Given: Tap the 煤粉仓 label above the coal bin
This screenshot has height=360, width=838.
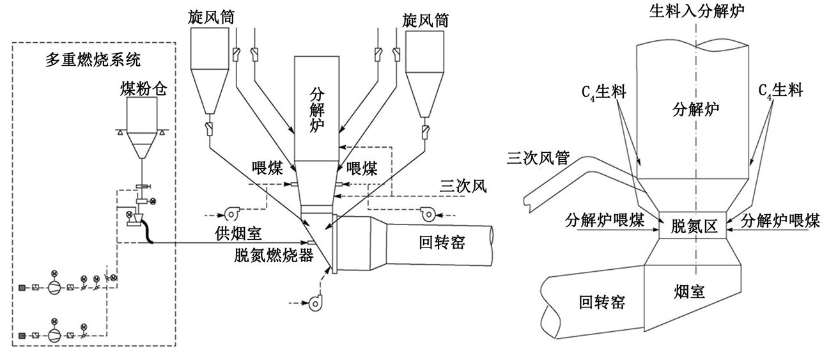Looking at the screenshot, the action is (x=144, y=89).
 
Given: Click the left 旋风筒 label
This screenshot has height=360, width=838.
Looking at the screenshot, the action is (x=211, y=17).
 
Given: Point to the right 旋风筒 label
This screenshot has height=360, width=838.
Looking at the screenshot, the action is (x=425, y=20).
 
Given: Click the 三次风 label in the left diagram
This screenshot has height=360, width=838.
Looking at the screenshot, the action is (x=463, y=186).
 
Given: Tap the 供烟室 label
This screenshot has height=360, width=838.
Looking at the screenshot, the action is (x=238, y=233).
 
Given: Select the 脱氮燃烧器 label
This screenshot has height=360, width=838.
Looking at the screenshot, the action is (x=274, y=256).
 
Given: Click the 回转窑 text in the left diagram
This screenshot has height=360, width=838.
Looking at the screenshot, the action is (x=442, y=242).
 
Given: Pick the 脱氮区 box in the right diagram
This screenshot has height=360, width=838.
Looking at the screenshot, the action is (x=692, y=225).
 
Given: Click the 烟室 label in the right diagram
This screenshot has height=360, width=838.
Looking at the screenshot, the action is (x=690, y=292).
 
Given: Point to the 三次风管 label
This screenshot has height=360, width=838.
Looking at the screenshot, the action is (x=538, y=158).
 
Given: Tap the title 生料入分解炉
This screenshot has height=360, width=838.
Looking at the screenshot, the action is (x=697, y=11).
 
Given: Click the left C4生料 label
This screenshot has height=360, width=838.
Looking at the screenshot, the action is (x=604, y=92).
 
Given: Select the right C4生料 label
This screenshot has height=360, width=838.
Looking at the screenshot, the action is (x=780, y=91).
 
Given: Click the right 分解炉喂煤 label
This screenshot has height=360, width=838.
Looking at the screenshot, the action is (x=780, y=221).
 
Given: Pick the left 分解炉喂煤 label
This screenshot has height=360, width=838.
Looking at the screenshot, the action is (x=605, y=221).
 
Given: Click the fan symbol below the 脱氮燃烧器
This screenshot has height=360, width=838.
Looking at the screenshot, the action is (x=315, y=303).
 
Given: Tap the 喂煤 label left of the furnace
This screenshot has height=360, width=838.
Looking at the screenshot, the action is (x=267, y=168).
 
